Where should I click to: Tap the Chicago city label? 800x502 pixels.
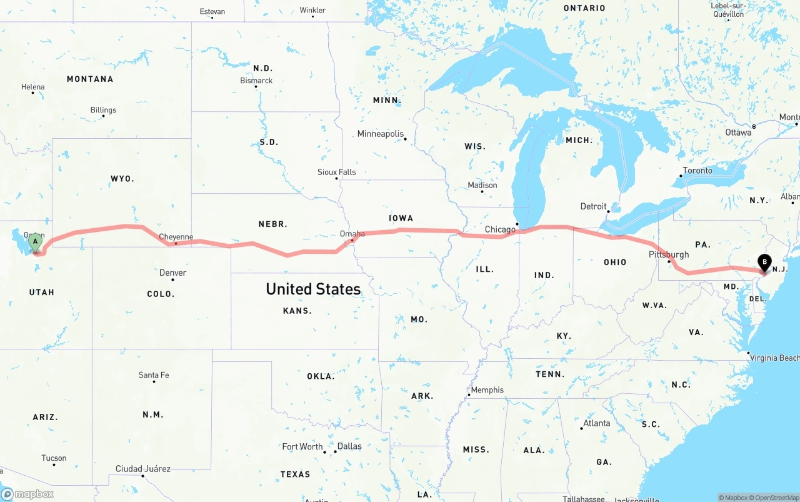[x=500, y=229]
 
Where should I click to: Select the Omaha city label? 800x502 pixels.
[x=352, y=234]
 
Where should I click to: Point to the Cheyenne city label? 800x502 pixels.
[x=176, y=237]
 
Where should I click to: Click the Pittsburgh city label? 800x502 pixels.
[x=668, y=254]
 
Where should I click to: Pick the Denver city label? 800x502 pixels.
[x=172, y=273]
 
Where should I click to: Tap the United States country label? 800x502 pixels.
[x=313, y=289]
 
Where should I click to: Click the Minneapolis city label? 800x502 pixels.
[x=380, y=134]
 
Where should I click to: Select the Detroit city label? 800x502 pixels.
[x=593, y=206]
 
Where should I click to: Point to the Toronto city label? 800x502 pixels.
[x=697, y=171]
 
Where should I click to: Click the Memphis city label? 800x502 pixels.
[x=487, y=390]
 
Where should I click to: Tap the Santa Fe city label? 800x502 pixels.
[x=153, y=375]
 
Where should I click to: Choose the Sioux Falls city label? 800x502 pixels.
[x=336, y=172]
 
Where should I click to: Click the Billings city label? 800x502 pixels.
[x=103, y=110]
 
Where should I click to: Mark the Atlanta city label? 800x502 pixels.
[x=596, y=423]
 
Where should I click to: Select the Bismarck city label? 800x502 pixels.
[x=256, y=81]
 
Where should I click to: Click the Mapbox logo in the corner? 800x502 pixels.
[x=27, y=494]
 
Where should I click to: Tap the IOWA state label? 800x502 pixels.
[x=401, y=218]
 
